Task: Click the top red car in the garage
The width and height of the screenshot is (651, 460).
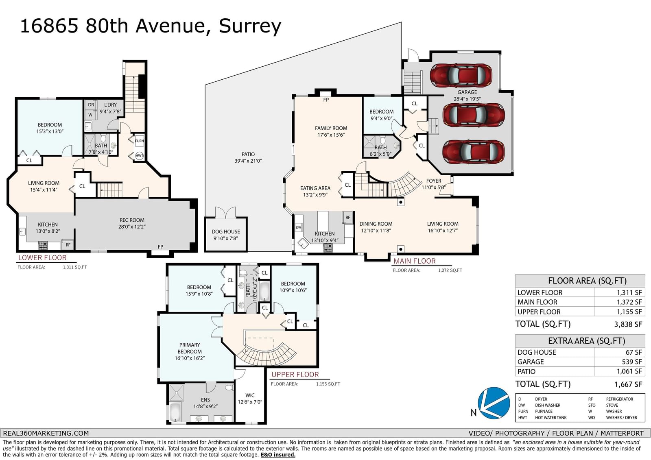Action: [461, 75]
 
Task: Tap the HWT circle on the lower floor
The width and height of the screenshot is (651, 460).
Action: [140, 155]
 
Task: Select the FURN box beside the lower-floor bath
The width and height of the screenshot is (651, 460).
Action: [139, 141]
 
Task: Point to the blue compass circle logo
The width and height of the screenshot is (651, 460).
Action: [494, 403]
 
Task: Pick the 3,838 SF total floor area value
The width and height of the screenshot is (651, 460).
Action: [628, 324]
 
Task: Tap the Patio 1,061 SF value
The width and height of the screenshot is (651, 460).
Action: [629, 371]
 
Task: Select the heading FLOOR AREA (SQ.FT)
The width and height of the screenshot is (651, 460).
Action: [587, 281]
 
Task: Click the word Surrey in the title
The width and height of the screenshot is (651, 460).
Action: [250, 26]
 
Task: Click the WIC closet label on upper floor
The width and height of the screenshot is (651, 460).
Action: [250, 395]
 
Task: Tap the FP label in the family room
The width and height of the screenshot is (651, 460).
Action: [326, 100]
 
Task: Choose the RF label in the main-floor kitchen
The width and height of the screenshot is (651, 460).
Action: [348, 217]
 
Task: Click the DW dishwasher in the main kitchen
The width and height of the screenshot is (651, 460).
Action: [299, 227]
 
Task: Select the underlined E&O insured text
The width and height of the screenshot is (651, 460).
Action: [278, 455]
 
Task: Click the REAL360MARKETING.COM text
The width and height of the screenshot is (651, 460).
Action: [46, 433]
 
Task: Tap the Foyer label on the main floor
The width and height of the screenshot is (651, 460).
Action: [434, 181]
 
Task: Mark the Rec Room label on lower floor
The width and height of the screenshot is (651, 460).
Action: [132, 220]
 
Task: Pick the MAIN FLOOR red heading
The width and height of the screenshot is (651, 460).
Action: [415, 261]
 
